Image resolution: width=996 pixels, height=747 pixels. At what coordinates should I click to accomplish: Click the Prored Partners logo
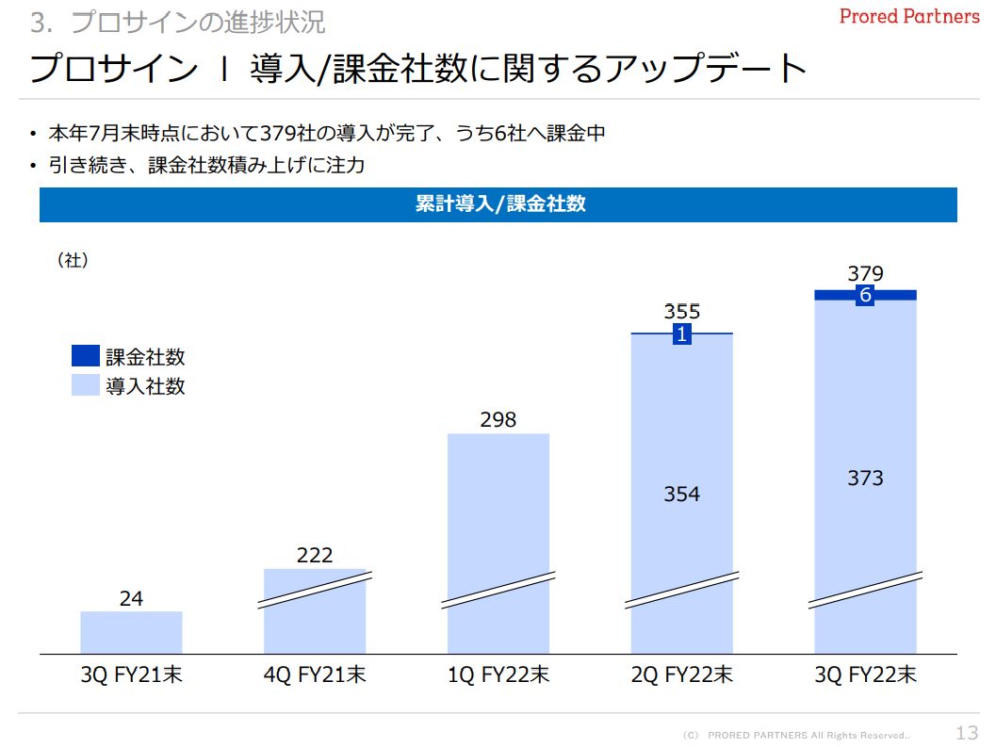909,17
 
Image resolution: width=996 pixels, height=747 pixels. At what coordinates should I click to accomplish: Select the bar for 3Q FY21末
131,632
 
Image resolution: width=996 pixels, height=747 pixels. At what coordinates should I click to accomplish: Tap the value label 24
131,598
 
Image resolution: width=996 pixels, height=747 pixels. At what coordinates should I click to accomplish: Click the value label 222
315,556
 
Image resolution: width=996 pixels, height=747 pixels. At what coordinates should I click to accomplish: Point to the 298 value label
498,420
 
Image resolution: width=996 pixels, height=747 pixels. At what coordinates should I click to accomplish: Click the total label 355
682,312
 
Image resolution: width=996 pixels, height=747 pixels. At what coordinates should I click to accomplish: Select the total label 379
865,274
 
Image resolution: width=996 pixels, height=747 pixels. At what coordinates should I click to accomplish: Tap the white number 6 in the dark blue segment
865,296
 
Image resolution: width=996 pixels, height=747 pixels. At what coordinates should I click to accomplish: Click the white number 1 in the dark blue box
682,333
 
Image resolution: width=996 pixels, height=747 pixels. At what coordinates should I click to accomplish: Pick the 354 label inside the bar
682,494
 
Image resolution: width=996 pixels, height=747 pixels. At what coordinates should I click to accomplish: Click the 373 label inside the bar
865,479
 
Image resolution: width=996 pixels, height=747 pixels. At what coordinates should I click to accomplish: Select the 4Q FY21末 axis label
315,675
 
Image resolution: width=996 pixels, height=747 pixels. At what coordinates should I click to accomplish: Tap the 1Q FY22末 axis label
498,675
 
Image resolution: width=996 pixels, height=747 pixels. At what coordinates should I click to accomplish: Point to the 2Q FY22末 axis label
682,675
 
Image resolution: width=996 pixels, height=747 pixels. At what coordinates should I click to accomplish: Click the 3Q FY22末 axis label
865,675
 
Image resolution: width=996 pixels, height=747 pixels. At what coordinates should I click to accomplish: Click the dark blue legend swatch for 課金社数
86,356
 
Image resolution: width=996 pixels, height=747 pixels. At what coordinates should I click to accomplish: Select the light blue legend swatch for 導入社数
86,384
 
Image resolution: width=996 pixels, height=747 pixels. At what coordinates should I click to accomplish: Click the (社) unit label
73,261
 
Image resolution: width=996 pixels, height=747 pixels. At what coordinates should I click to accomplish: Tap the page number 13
967,733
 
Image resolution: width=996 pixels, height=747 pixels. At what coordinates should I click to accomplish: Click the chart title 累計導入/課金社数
498,204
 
